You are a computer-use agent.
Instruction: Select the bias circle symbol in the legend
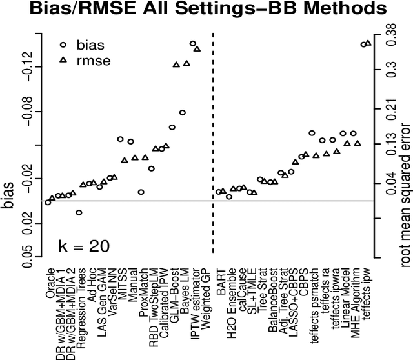pyautogui.click(x=63, y=45)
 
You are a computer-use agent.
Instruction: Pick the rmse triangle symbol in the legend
pyautogui.click(x=63, y=61)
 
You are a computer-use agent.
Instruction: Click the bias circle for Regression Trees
pyautogui.click(x=79, y=212)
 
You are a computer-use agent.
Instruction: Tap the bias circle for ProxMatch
pyautogui.click(x=141, y=192)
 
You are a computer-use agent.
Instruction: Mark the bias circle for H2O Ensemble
pyautogui.click(x=229, y=196)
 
